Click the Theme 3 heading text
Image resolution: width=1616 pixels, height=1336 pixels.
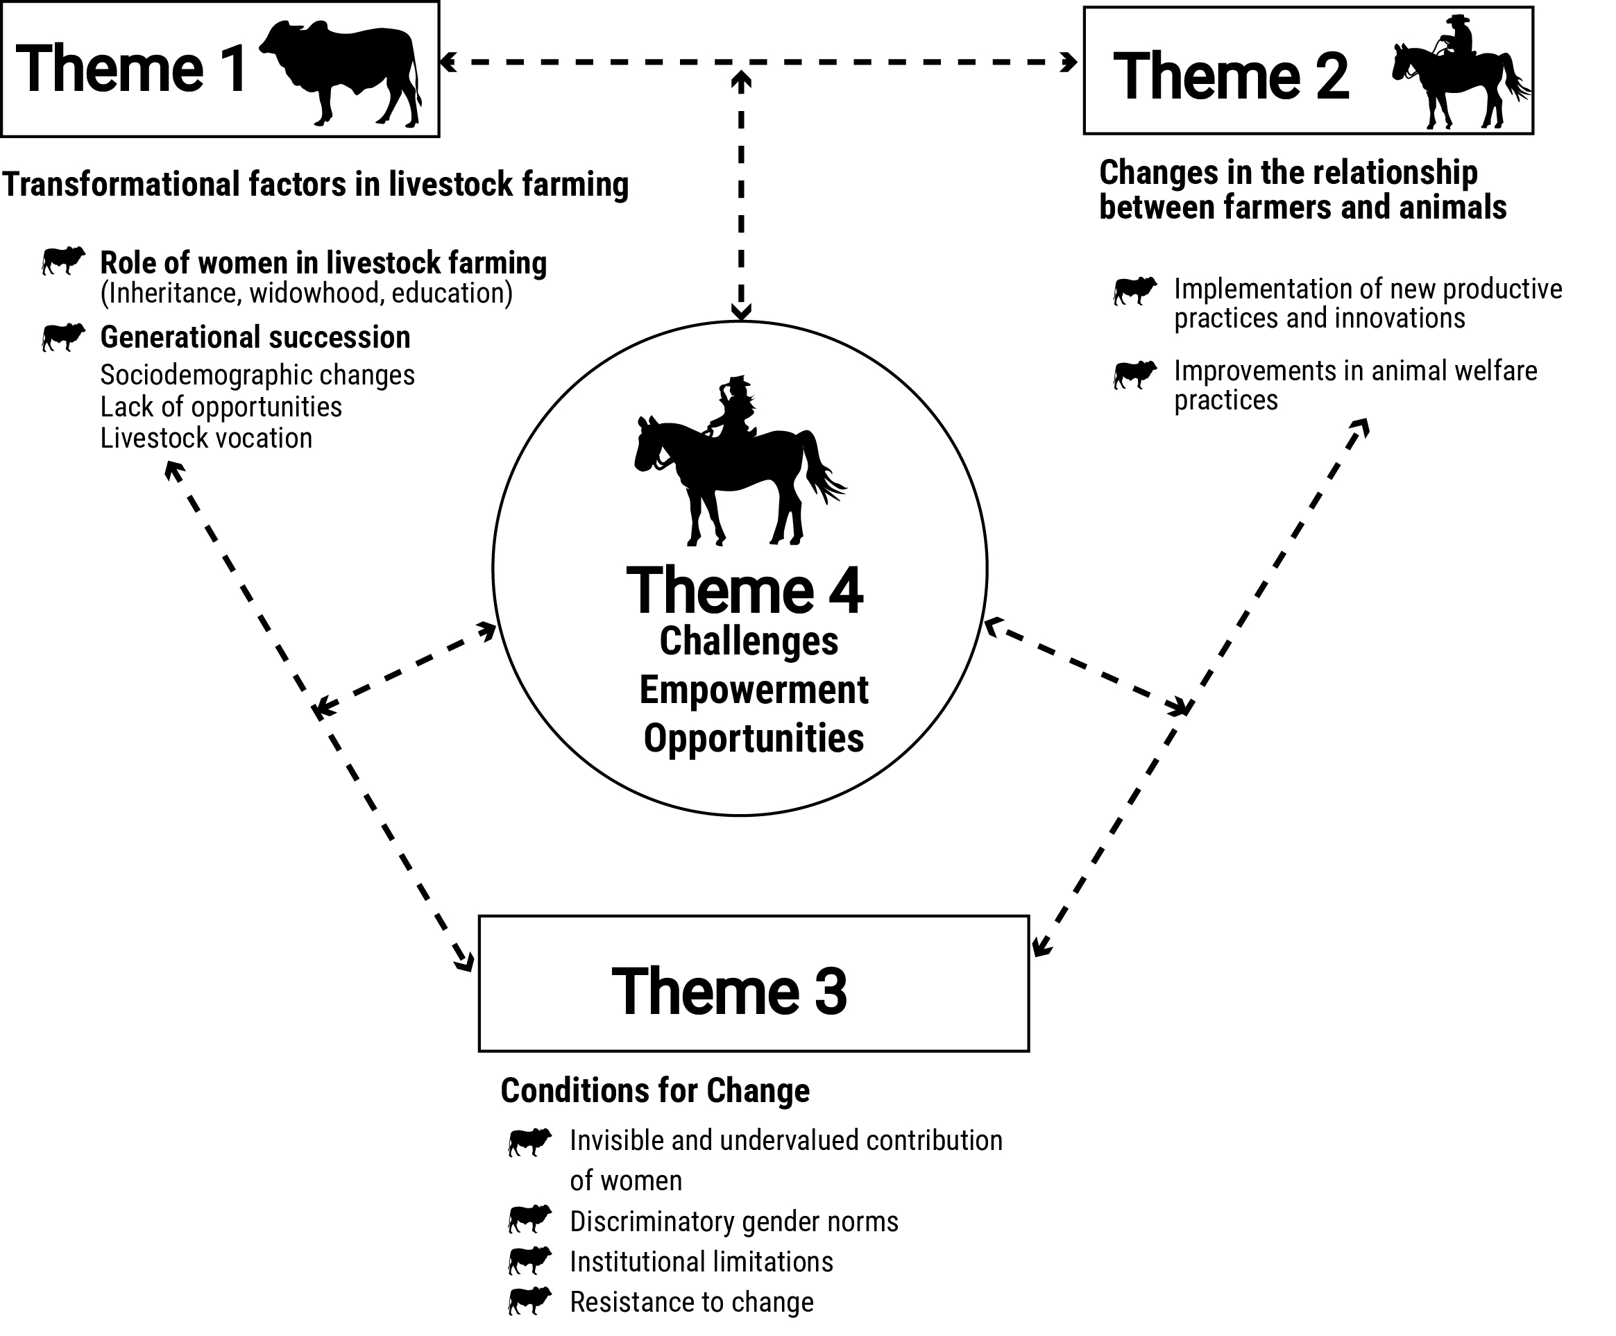[729, 991]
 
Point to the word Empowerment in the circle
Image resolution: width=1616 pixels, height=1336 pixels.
[754, 690]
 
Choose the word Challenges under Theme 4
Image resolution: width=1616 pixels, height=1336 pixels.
[748, 641]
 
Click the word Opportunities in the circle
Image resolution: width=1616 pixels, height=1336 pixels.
[754, 737]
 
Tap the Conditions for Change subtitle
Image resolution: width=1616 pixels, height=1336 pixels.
[655, 1090]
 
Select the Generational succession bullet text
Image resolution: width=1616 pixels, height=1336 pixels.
[255, 337]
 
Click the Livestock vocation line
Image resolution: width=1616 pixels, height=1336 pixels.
[206, 438]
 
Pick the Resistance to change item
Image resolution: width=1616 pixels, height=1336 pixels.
[691, 1302]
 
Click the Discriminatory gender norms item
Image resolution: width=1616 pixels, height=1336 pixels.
[733, 1221]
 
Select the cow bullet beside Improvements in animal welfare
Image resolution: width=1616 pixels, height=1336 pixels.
[1135, 374]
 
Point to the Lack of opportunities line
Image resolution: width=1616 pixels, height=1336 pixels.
[221, 406]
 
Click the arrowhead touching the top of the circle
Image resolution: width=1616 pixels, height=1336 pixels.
[741, 312]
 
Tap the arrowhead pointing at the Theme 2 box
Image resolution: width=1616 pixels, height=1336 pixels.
[1070, 62]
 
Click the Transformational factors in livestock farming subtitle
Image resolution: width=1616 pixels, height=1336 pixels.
[315, 185]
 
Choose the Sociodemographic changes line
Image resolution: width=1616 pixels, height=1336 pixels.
[257, 375]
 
